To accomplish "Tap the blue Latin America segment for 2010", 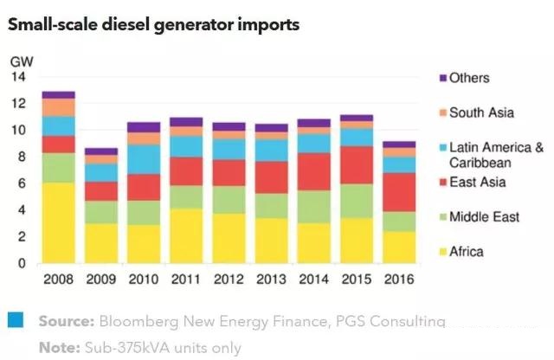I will click(x=143, y=159).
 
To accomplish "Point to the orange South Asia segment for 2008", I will click(x=59, y=107).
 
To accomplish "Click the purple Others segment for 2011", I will click(x=187, y=122).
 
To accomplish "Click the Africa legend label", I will click(x=467, y=252).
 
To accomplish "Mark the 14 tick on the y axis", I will click(x=18, y=77).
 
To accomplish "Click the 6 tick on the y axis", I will click(x=22, y=183).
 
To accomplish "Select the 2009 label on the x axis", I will click(x=100, y=280).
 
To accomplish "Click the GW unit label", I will click(x=20, y=61).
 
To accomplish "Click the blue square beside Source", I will click(x=14, y=320).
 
